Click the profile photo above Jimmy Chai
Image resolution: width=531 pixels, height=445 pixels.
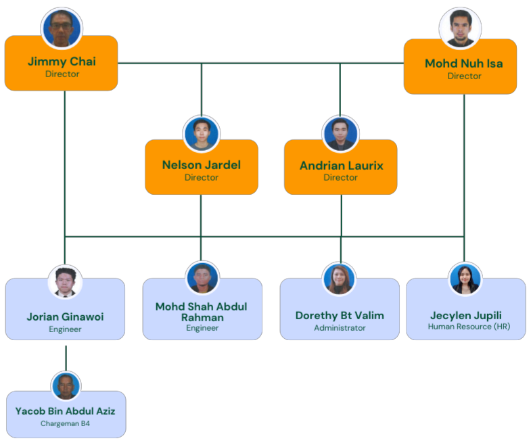(62, 28)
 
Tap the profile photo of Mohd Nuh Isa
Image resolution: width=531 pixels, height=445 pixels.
(460, 28)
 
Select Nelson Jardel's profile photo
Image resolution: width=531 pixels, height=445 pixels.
(202, 134)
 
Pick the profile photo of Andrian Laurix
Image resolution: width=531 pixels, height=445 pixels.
(340, 134)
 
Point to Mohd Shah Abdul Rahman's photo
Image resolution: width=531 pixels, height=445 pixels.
(202, 278)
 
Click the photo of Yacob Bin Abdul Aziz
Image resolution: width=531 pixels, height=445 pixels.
(66, 386)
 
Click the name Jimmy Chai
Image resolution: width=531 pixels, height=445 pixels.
(62, 62)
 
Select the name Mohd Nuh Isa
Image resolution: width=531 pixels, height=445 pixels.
(463, 64)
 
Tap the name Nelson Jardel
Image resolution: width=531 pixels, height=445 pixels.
(202, 165)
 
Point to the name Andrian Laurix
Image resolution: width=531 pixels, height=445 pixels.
(341, 166)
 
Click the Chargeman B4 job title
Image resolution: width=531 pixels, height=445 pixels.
(65, 424)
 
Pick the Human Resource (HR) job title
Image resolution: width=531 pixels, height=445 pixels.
(469, 327)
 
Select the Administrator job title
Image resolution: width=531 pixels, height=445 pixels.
(340, 328)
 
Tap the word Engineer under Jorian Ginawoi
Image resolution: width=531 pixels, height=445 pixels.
(65, 329)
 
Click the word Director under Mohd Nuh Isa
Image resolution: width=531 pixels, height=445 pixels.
(464, 76)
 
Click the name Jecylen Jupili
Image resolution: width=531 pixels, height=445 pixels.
(466, 315)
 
